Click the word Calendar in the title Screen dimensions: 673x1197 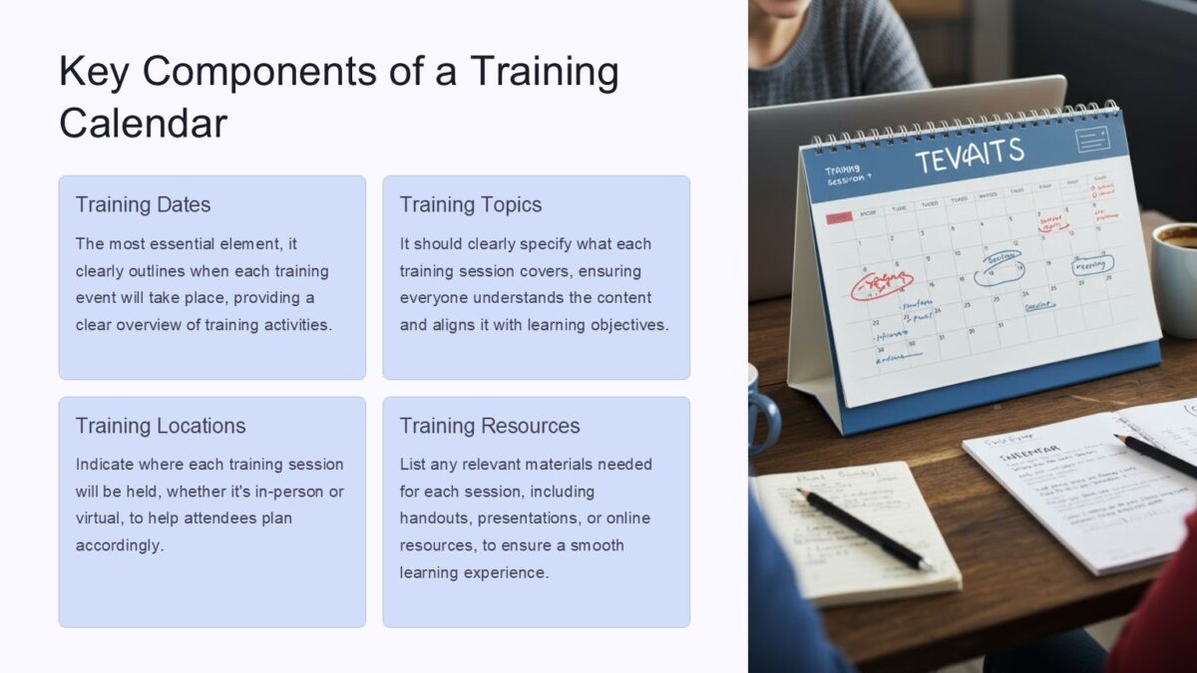click(143, 124)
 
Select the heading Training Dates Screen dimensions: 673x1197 click(143, 204)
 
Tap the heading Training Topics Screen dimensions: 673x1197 click(470, 204)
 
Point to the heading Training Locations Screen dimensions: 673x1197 click(160, 426)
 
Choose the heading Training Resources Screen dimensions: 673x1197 click(489, 426)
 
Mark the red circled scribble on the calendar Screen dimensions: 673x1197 click(882, 283)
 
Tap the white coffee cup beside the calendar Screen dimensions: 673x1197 click(1176, 261)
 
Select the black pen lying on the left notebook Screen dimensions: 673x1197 click(864, 527)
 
